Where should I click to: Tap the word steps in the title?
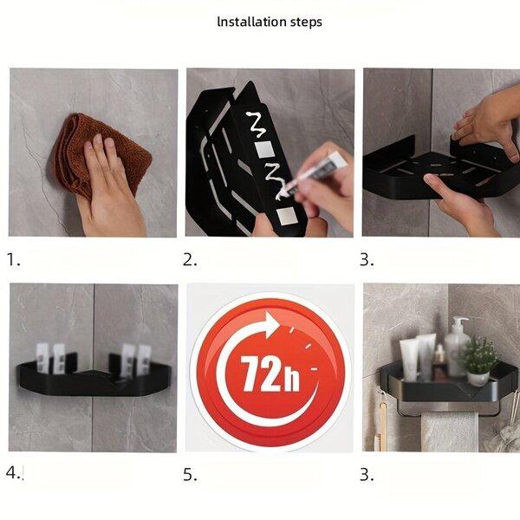306,23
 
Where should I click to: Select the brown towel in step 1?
100,154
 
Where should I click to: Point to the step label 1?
13,259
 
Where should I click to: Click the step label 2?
190,259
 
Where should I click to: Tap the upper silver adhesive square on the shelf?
264,149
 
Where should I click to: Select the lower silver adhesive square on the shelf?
285,216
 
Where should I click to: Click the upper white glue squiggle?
257,124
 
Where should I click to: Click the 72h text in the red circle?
270,374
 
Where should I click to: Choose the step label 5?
190,475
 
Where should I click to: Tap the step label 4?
14,472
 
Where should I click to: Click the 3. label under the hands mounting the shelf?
367,259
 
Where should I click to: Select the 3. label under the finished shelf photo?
367,475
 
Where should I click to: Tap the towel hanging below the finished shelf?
450,432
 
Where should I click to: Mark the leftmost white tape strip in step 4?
42,357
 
